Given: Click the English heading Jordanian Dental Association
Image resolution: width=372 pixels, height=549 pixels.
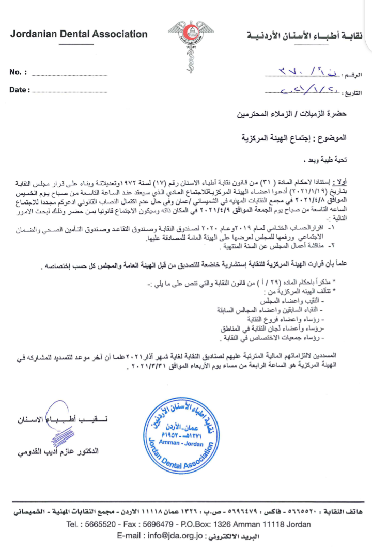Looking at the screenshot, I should tap(79, 35).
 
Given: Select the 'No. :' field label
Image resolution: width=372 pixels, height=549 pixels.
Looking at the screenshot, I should tap(18, 72).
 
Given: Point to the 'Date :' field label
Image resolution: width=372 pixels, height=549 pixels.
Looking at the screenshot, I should tap(20, 90).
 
